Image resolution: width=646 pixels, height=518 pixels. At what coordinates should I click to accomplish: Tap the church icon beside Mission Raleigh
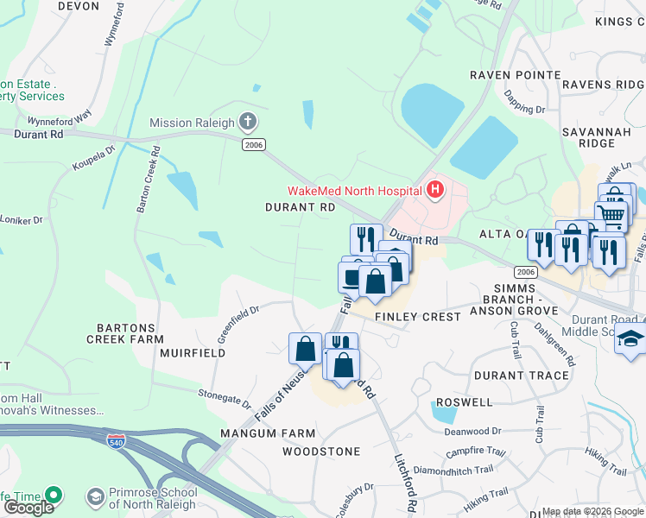tap(248, 122)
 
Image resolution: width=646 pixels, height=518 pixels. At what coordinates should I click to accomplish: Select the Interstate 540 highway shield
tap(115, 441)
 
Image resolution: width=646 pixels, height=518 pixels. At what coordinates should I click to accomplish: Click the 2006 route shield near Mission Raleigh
tap(252, 144)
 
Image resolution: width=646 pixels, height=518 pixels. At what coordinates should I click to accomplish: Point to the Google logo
tap(28, 508)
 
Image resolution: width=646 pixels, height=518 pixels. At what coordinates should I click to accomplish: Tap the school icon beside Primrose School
tap(96, 497)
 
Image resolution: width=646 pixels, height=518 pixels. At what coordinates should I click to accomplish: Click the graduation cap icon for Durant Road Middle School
tap(630, 340)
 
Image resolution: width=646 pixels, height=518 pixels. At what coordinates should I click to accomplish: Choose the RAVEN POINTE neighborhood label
tap(515, 75)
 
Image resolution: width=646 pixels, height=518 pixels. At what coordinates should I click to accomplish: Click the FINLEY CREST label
tap(418, 317)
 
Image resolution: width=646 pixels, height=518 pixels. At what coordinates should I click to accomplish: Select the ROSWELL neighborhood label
tap(464, 402)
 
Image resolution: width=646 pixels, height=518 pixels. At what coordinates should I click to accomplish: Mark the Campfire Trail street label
tap(476, 452)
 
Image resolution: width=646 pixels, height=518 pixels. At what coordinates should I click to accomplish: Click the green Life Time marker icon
tap(54, 496)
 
